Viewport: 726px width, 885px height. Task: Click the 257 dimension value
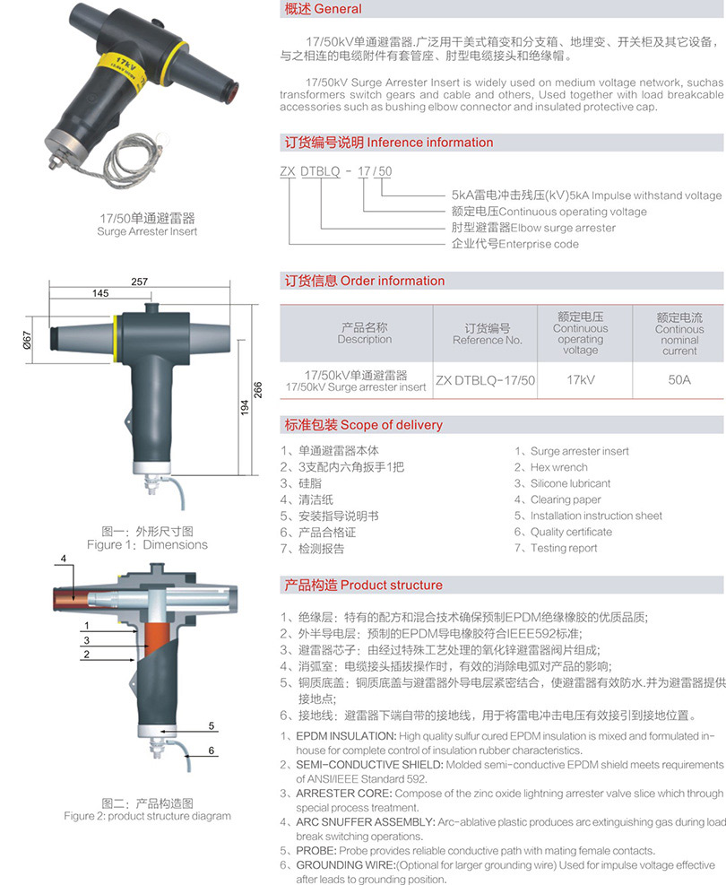click(x=139, y=281)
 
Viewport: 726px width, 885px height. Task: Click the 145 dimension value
click(x=100, y=293)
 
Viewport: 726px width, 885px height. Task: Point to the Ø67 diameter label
click(x=27, y=341)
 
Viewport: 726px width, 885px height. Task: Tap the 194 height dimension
click(x=245, y=407)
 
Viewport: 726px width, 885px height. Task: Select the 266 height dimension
click(x=258, y=390)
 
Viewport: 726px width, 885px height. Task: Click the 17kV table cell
click(x=581, y=380)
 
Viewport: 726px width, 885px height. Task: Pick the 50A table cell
click(x=679, y=380)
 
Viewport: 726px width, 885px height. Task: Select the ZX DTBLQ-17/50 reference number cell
click(x=485, y=380)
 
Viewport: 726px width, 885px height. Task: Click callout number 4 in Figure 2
click(x=63, y=559)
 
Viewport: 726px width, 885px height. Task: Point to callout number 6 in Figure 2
click(x=212, y=751)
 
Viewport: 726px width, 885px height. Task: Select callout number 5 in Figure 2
click(x=212, y=725)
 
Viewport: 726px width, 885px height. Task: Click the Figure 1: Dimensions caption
click(x=147, y=544)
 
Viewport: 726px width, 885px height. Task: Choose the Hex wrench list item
click(x=550, y=467)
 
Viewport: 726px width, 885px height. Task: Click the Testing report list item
click(x=556, y=548)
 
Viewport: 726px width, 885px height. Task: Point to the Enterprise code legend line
click(x=515, y=244)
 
